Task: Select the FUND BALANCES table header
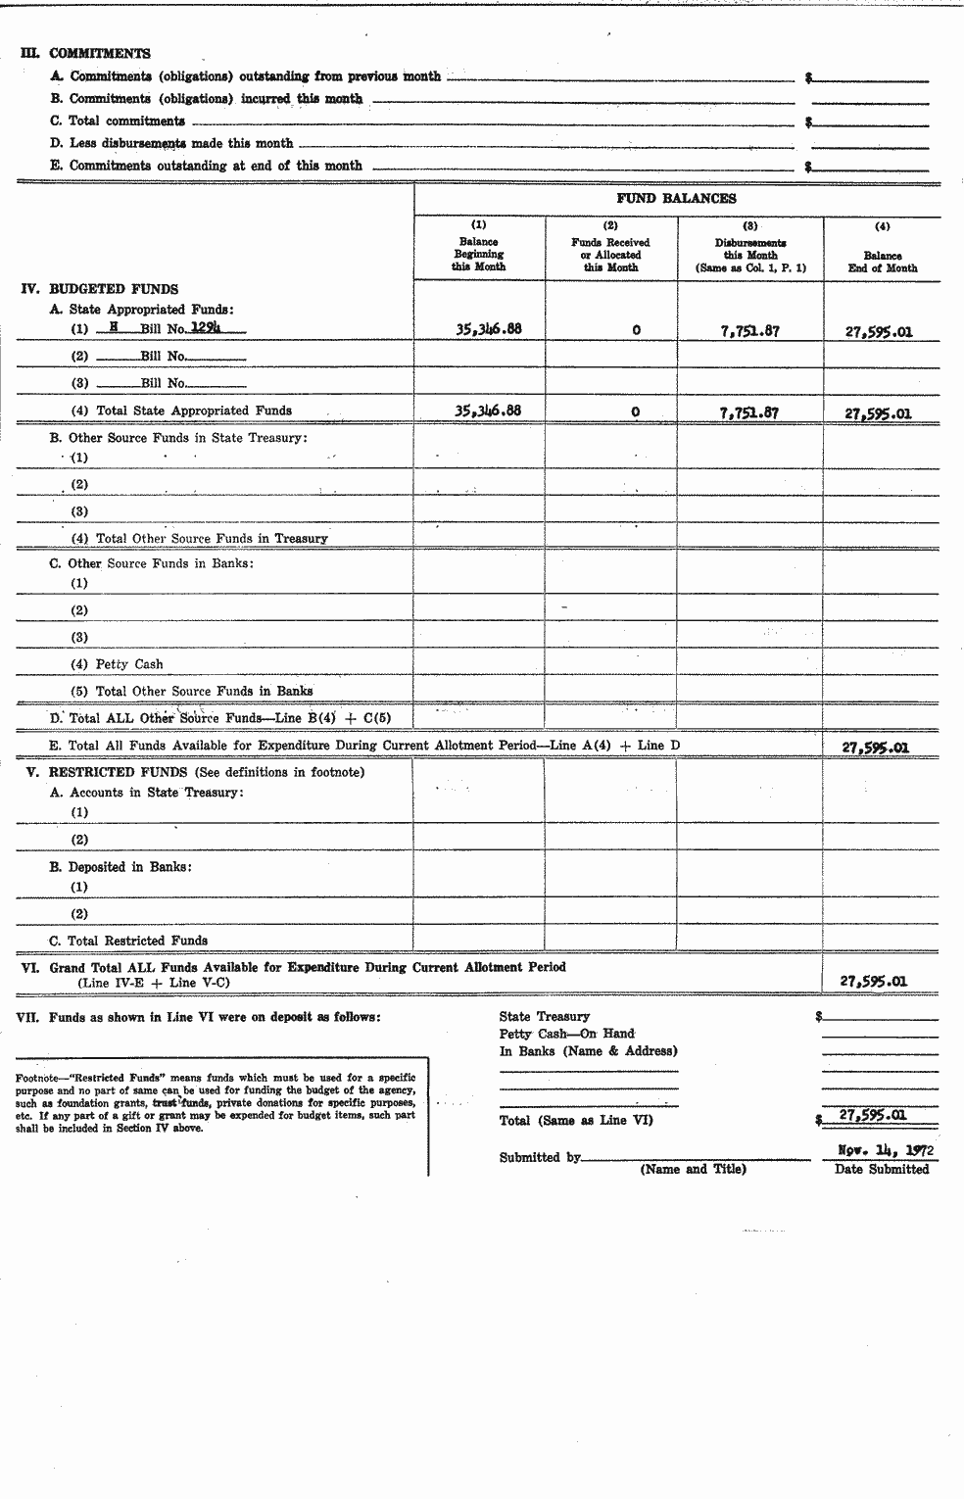point(676,198)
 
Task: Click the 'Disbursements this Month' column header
point(749,254)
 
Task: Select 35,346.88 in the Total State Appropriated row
point(488,411)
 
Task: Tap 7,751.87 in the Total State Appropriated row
point(749,412)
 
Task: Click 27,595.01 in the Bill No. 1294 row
point(879,331)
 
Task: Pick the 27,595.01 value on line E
point(876,748)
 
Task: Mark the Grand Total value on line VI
point(874,981)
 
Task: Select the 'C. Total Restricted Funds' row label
point(128,941)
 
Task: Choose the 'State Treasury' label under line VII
point(545,1017)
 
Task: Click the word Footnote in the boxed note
point(37,1078)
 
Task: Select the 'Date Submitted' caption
point(882,1169)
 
